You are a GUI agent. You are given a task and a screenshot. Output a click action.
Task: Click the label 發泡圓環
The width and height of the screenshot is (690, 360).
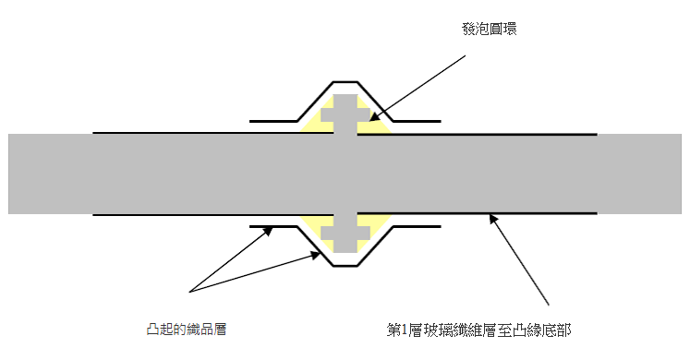pyautogui.click(x=489, y=29)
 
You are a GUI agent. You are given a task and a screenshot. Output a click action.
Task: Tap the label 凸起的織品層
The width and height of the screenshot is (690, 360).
pyautogui.click(x=187, y=330)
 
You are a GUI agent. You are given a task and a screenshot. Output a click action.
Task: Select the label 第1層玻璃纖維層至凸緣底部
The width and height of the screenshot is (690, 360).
pyautogui.click(x=478, y=330)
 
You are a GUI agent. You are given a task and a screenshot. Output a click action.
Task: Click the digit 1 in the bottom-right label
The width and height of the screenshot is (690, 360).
pyautogui.click(x=405, y=330)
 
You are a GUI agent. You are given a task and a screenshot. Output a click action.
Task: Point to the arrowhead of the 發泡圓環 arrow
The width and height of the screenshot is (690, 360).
pyautogui.click(x=373, y=117)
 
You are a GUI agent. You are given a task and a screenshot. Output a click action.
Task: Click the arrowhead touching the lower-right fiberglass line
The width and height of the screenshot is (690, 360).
pyautogui.click(x=494, y=219)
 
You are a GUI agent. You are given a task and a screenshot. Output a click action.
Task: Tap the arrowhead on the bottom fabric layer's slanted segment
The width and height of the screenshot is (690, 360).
pyautogui.click(x=316, y=255)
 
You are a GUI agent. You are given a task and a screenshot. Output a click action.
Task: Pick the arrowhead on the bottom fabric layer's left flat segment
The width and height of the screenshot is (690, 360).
pyautogui.click(x=268, y=231)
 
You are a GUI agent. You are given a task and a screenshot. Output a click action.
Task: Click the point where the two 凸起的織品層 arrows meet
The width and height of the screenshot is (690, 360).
pyautogui.click(x=189, y=292)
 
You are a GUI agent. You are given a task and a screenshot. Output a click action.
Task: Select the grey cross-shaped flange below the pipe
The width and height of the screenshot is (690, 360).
pyautogui.click(x=345, y=234)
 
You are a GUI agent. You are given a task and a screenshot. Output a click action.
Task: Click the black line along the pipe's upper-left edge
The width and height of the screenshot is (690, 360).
pyautogui.click(x=213, y=133)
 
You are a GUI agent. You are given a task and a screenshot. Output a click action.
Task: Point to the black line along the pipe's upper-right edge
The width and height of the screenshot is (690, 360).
pyautogui.click(x=477, y=134)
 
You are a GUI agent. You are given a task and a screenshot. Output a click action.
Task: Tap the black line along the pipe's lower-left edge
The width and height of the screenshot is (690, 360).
pyautogui.click(x=213, y=215)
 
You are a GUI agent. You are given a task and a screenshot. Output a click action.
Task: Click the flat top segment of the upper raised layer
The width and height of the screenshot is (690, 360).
pyautogui.click(x=345, y=82)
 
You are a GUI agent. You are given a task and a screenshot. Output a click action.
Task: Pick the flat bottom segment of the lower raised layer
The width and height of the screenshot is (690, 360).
pyautogui.click(x=345, y=266)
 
